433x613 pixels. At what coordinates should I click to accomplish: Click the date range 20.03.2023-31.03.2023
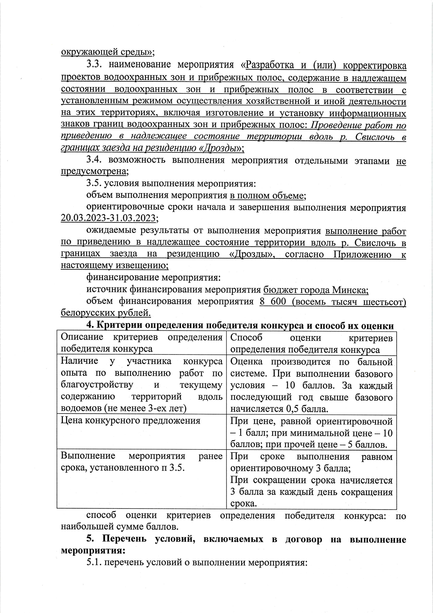[x=108, y=218]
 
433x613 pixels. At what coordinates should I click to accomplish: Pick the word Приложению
[x=362, y=254]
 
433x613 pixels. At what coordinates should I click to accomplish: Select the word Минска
[x=350, y=290]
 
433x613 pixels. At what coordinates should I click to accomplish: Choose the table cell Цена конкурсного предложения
[x=130, y=421]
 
